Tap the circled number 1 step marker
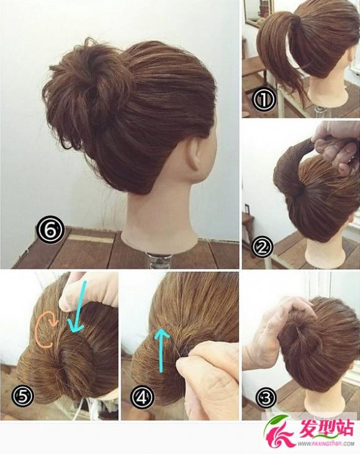[264, 99]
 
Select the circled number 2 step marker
[262, 247]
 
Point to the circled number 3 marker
[266, 398]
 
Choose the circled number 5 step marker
[23, 395]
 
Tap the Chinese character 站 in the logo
[343, 429]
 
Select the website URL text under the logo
[328, 443]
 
